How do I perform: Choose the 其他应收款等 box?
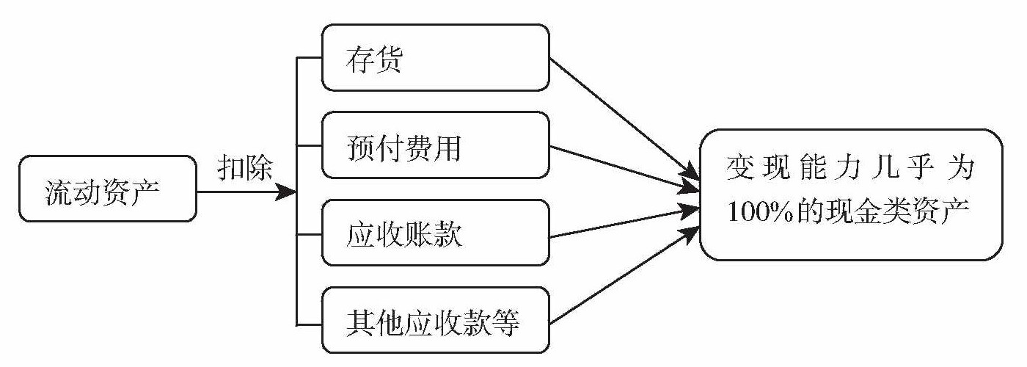[x=435, y=322]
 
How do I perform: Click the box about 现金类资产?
[x=851, y=194]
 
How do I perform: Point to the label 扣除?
[x=245, y=169]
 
